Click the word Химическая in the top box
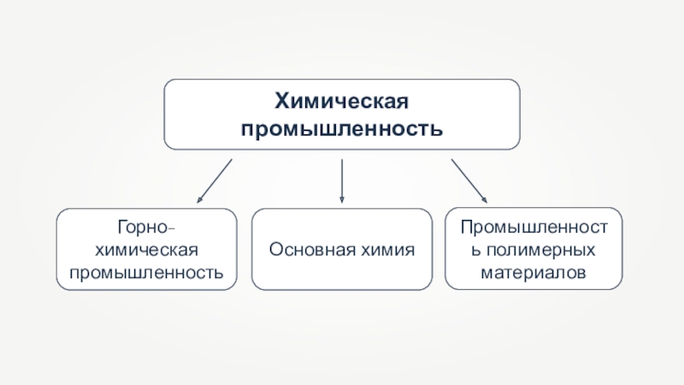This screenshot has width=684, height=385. tap(342, 103)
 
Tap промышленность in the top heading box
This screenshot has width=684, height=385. tap(342, 129)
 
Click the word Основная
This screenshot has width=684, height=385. tap(310, 251)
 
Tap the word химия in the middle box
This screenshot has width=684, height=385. tap(386, 251)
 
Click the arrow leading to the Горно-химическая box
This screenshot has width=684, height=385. tap(214, 180)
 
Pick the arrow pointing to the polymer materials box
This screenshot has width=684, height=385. tap(468, 180)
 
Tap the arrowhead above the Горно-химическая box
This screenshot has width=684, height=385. tap(199, 199)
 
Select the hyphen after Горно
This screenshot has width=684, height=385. tap(174, 229)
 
